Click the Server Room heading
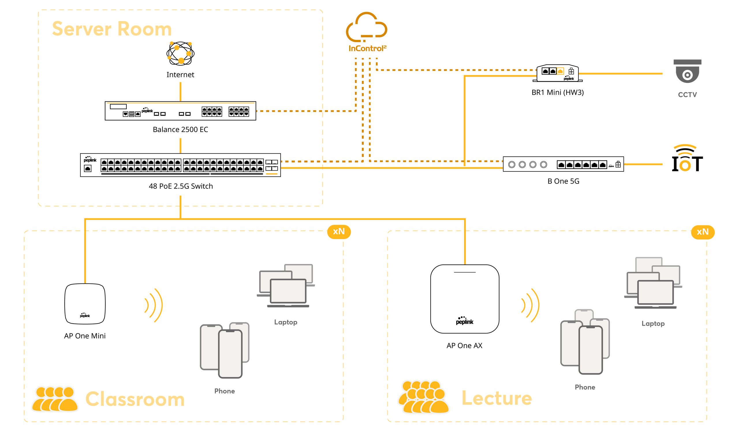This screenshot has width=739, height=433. tap(112, 29)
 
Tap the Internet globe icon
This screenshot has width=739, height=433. tap(180, 53)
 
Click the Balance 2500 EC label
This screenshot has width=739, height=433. tap(180, 130)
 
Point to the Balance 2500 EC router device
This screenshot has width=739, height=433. tap(180, 111)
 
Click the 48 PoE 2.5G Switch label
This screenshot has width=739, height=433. tap(181, 186)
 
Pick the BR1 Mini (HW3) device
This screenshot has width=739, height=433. tap(557, 73)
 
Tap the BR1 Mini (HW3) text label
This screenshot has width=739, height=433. tap(557, 93)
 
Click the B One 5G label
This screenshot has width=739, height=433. tap(563, 182)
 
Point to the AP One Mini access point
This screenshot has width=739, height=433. tap(85, 304)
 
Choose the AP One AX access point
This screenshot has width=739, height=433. tap(464, 299)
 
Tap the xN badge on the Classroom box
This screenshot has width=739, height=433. tap(339, 232)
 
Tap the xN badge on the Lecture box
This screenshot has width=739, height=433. tap(703, 232)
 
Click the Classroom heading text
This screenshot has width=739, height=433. tap(135, 399)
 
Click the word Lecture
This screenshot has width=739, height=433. tap(497, 398)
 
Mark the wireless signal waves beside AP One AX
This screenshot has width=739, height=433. tap(531, 305)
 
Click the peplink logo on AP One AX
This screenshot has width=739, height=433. tap(464, 321)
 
